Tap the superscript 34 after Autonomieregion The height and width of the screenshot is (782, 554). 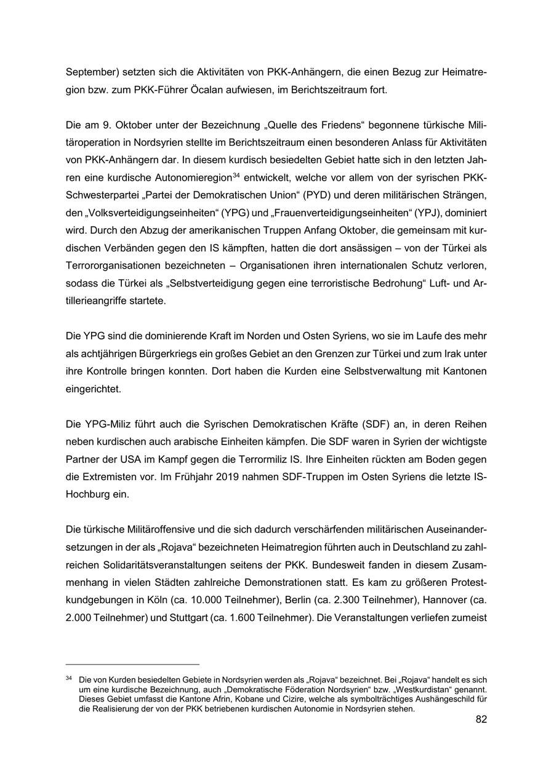click(236, 176)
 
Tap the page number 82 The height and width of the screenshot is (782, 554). click(481, 719)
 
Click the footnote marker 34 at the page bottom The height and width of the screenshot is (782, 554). click(69, 679)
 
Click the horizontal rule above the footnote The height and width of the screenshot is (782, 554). click(132, 665)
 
